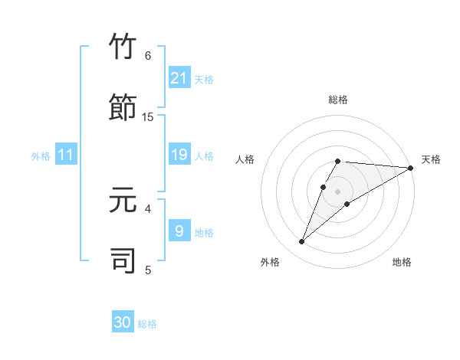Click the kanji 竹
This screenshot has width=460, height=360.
tap(123, 47)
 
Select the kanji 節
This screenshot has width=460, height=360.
tap(123, 108)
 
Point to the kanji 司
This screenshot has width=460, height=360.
tap(123, 260)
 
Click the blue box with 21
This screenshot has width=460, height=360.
tap(179, 77)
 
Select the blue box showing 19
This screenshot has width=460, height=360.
tap(179, 155)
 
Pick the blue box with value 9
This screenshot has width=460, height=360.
tap(179, 231)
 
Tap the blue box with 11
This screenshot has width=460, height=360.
tap(66, 155)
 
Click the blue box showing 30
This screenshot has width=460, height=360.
tap(123, 322)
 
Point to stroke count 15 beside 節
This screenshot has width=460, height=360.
tap(148, 116)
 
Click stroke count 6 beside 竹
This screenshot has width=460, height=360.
tap(148, 56)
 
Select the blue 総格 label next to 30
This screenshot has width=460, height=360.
tap(147, 324)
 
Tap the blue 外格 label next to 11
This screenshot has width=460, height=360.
tap(41, 156)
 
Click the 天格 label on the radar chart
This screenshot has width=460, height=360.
tap(431, 159)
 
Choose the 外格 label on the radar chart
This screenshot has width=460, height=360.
tap(270, 262)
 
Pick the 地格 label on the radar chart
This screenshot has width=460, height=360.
tap(402, 262)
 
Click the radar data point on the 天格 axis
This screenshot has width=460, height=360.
tap(411, 168)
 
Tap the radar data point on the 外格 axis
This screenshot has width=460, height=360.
tap(302, 242)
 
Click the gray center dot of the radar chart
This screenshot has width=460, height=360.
tap(338, 191)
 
